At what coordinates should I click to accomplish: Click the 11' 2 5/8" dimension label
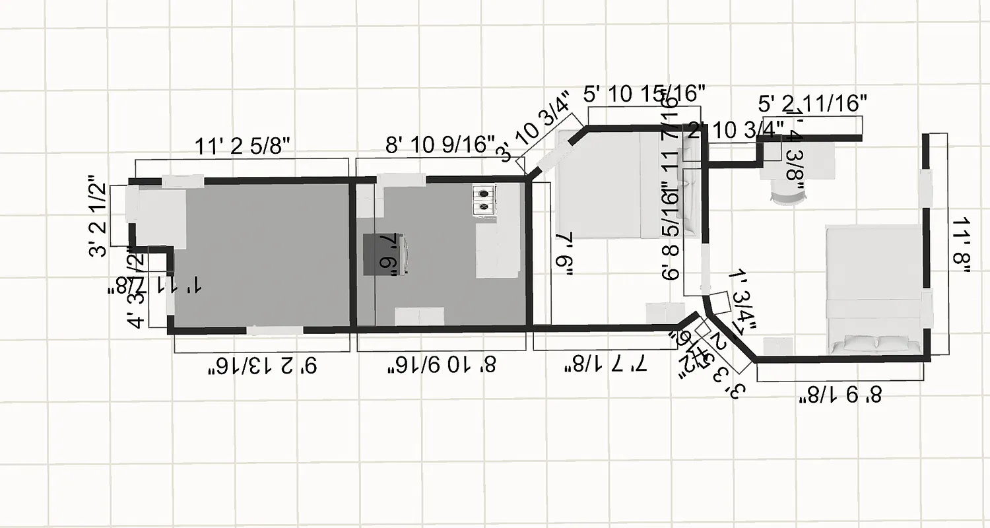point(243,147)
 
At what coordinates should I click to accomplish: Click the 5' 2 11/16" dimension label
point(812,104)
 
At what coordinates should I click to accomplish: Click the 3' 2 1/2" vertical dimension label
point(99,215)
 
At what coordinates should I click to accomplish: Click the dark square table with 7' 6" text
point(386,253)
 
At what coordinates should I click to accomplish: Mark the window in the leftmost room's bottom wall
point(275,330)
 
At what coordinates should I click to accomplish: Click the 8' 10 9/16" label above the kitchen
point(440,144)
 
